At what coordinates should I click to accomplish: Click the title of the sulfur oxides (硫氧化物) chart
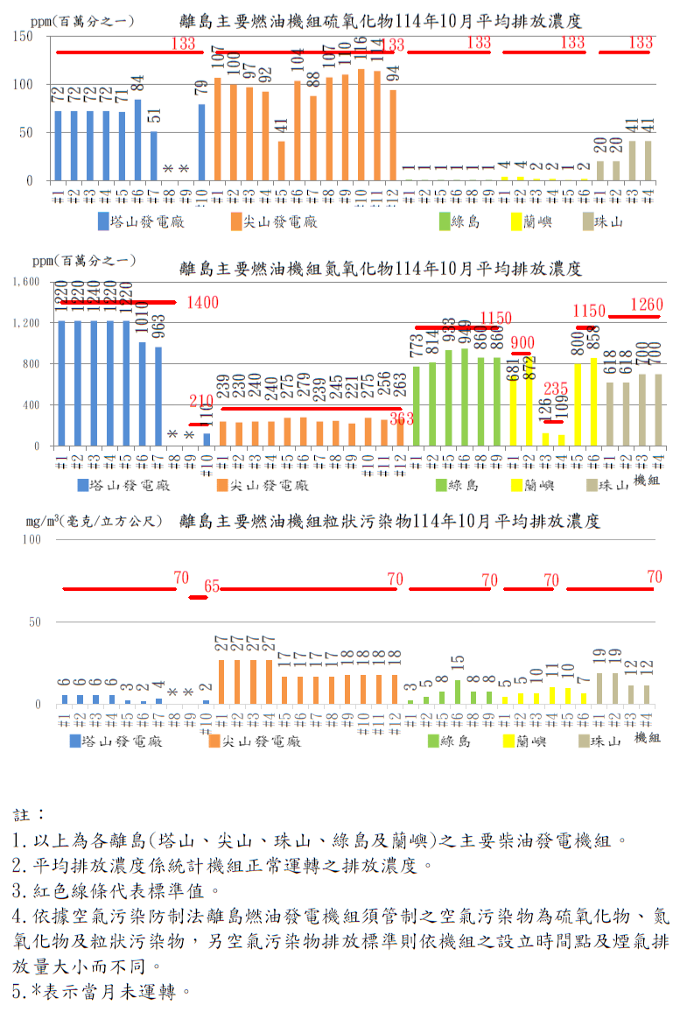381,19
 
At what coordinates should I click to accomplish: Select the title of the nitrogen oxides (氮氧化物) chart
381,267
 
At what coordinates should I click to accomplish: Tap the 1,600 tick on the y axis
26,282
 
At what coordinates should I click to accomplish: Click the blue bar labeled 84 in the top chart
137,140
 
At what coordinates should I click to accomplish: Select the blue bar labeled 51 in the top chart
153,157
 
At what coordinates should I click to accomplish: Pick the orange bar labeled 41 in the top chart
281,161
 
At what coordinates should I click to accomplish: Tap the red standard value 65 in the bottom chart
212,586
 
